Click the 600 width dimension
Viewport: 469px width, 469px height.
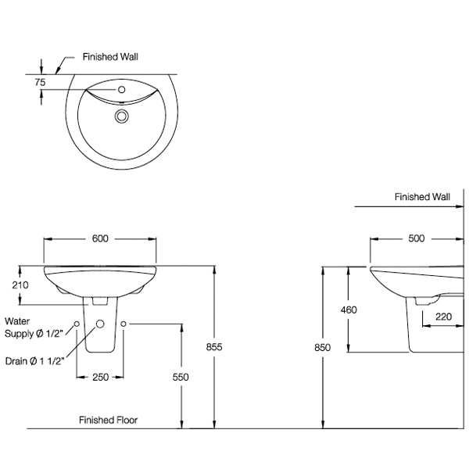pyautogui.click(x=99, y=238)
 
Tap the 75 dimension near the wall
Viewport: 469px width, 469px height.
pyautogui.click(x=40, y=81)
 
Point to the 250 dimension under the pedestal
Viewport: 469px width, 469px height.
pyautogui.click(x=100, y=378)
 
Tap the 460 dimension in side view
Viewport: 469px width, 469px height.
pyautogui.click(x=349, y=310)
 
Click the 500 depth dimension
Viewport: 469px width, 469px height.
pyautogui.click(x=415, y=238)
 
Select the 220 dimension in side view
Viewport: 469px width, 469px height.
pyautogui.click(x=443, y=317)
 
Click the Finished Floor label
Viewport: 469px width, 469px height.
pyautogui.click(x=108, y=420)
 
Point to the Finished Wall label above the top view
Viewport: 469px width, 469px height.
pyautogui.click(x=111, y=57)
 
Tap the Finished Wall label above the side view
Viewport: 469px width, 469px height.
pyautogui.click(x=423, y=197)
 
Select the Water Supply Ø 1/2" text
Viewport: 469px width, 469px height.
pyautogui.click(x=35, y=328)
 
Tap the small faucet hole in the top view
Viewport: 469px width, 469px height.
pyautogui.click(x=121, y=91)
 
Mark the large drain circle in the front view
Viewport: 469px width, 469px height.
pyautogui.click(x=100, y=324)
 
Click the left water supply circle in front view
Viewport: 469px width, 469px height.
pyautogui.click(x=77, y=324)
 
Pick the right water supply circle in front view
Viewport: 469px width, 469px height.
pyautogui.click(x=124, y=324)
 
